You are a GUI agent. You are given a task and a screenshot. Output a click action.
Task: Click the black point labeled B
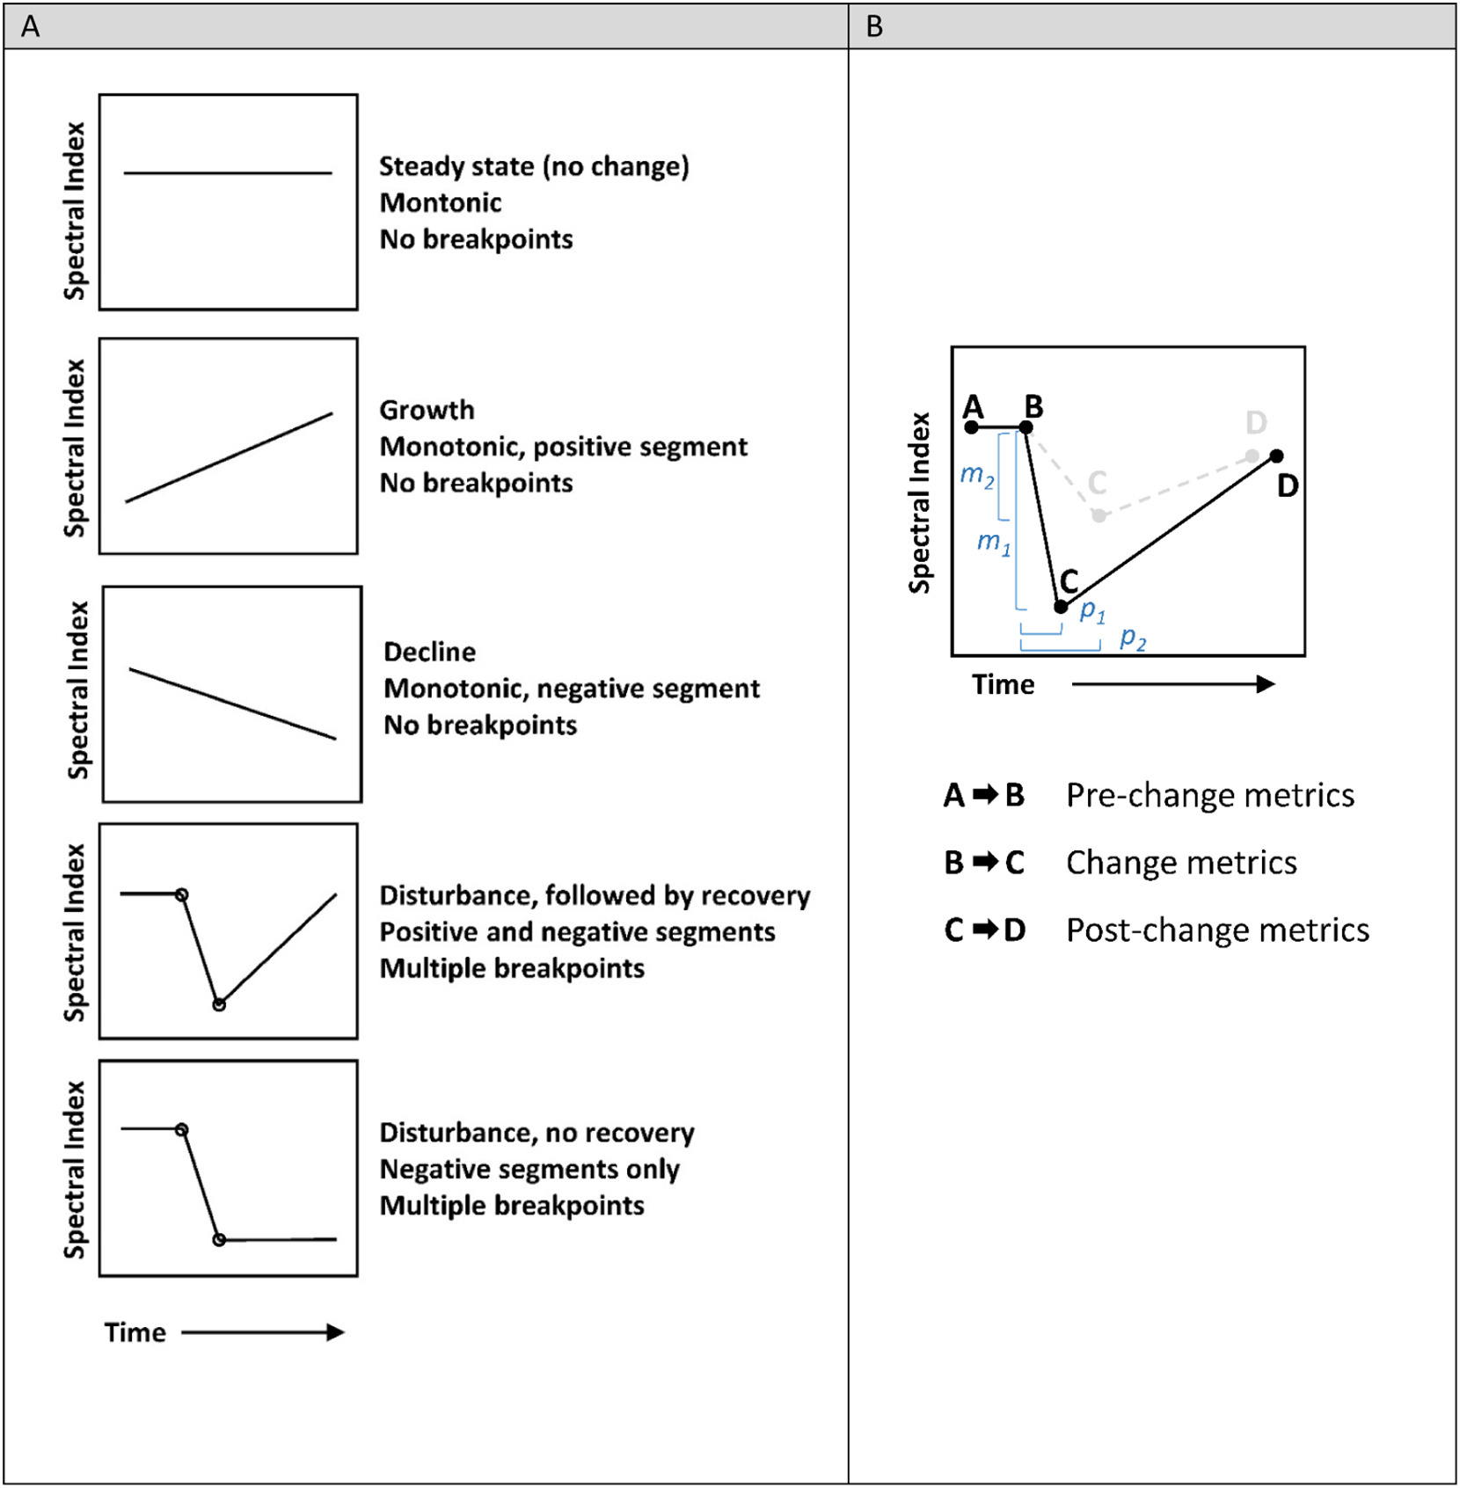pos(1026,427)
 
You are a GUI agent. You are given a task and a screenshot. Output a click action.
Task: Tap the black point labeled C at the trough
pos(1061,607)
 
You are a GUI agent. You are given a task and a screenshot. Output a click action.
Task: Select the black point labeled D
pos(1276,456)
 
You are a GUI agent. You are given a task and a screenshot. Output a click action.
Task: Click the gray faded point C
pos(1099,515)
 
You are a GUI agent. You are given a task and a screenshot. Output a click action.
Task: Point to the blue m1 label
pos(994,542)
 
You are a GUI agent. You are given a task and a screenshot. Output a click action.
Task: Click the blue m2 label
pos(976,476)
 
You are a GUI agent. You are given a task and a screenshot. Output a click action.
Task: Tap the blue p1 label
pos(1092,610)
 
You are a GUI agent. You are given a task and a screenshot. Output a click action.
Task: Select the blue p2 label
pos(1133,638)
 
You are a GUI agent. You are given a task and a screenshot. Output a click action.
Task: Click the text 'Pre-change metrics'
pos(1209,795)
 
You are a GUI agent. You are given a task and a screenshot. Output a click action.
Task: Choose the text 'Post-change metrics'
pos(1217,930)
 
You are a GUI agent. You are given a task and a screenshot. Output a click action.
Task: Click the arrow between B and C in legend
pos(985,862)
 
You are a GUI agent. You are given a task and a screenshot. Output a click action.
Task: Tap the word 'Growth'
pos(427,410)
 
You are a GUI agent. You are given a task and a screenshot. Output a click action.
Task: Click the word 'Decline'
pos(429,652)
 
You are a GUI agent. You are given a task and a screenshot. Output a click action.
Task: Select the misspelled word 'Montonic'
pos(440,202)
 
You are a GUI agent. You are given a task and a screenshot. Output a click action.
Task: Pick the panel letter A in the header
pos(30,26)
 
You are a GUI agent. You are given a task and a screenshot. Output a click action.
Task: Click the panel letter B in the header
pos(874,26)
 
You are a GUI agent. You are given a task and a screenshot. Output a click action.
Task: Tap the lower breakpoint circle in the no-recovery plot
pos(219,1240)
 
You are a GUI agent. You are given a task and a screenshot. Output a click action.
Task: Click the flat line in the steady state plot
pos(228,173)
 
